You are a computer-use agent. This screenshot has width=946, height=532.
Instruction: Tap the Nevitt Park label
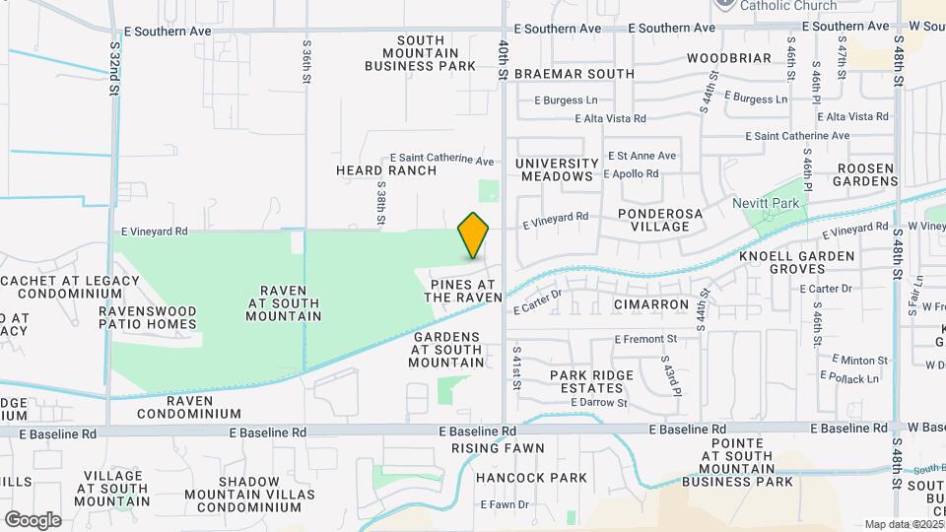pos(770,203)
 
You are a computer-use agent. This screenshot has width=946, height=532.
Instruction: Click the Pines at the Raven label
pos(466,291)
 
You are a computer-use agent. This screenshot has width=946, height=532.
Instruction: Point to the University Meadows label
pos(557,170)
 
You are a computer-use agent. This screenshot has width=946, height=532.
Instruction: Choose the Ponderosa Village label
pos(653,220)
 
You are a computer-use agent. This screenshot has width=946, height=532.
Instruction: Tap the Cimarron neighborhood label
pos(651,304)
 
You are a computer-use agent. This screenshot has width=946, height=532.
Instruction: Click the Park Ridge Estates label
pos(587,381)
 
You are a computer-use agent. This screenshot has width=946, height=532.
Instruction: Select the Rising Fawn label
pos(498,448)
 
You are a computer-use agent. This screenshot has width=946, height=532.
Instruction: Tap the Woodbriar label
pos(729,58)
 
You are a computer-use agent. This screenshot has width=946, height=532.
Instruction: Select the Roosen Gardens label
pos(864,174)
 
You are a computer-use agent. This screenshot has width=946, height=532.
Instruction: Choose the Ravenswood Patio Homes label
pos(148,317)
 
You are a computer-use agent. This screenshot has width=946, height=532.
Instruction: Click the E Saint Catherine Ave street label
pos(442,160)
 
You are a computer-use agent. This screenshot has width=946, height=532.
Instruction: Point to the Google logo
pos(33,519)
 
